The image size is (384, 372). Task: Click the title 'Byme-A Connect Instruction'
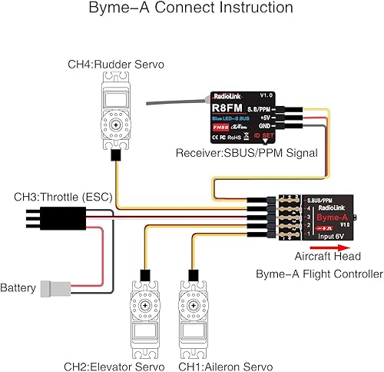tap(190, 9)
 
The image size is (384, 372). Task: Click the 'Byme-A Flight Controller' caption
tap(318, 273)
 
